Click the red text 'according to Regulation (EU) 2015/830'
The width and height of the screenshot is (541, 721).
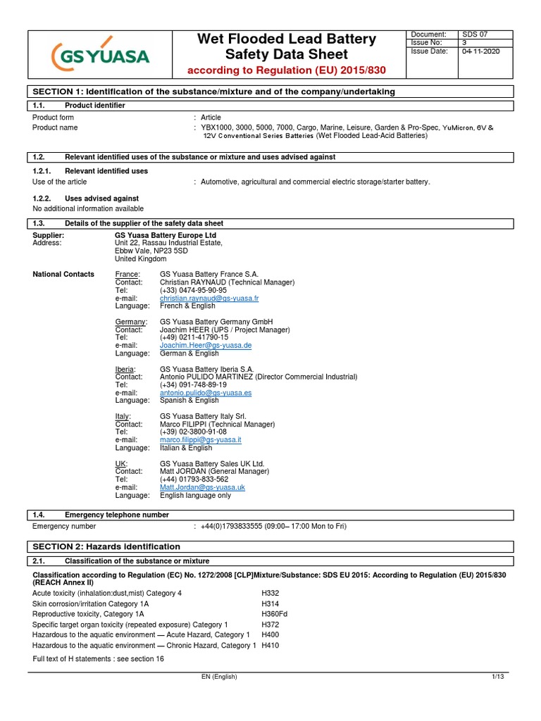285,70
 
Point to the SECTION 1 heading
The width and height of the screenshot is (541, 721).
214,92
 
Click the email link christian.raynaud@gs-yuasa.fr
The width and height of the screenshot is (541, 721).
209,299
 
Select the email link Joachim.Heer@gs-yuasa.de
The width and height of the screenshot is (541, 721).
206,346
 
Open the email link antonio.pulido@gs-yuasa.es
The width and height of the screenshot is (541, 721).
206,393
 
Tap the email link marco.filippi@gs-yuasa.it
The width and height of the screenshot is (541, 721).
201,440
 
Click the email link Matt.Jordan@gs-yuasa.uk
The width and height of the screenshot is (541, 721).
202,487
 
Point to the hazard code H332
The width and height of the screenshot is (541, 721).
270,594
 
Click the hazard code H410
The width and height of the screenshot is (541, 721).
270,645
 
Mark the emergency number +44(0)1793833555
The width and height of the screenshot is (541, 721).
237,526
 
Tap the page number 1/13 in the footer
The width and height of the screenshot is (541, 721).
499,677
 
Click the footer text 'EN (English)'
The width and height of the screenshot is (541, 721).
219,677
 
